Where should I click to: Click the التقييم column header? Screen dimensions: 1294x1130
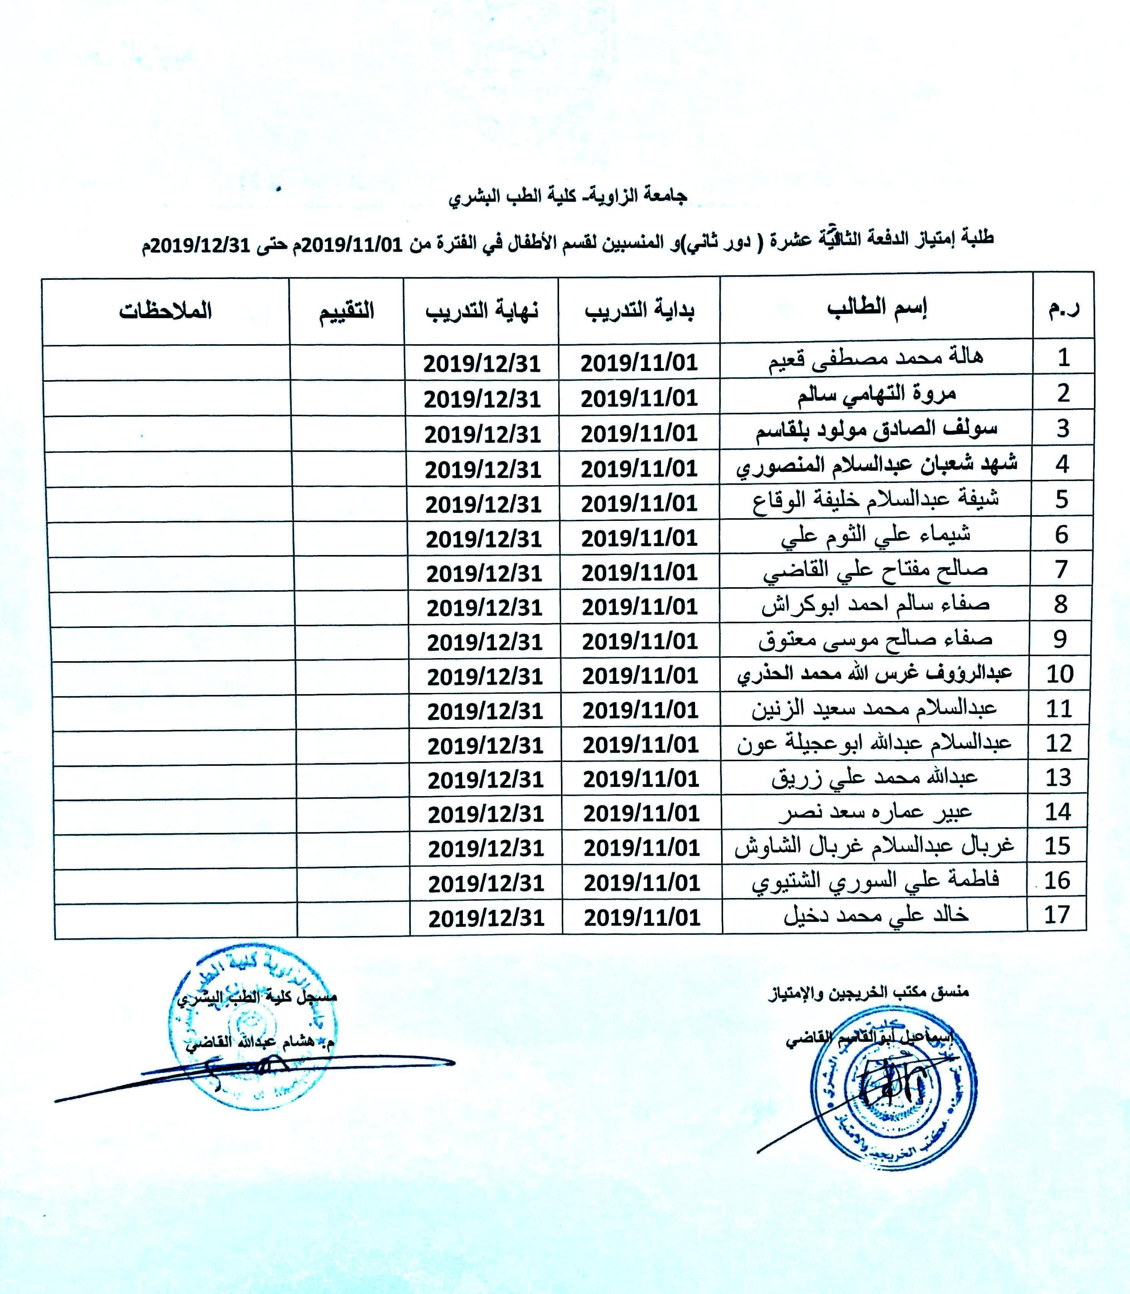tap(346, 311)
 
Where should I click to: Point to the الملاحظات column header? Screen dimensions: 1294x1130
tap(165, 311)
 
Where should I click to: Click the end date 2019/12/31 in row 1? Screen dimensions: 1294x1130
tap(482, 364)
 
